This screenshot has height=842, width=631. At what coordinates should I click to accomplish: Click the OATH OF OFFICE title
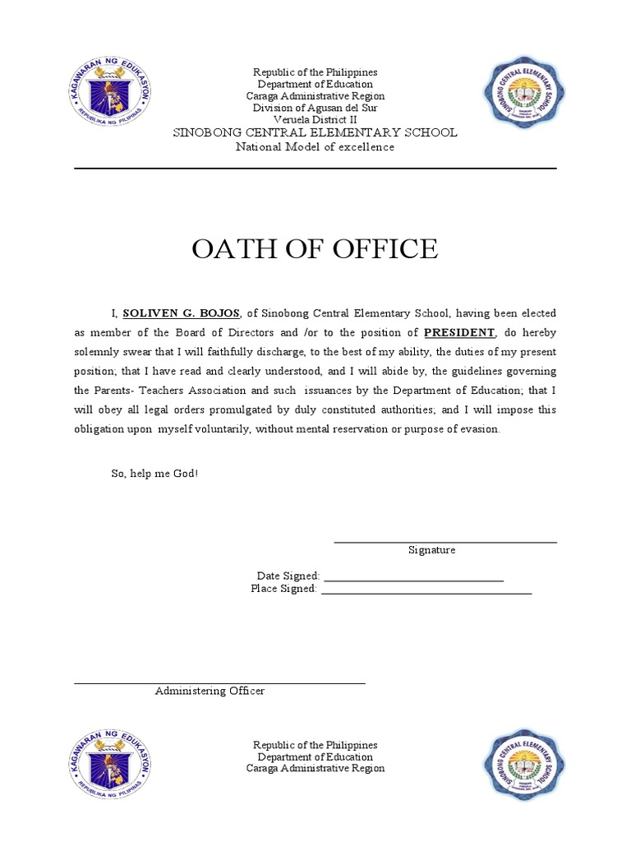(315, 248)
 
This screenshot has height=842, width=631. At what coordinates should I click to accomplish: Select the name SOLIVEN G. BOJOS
(182, 313)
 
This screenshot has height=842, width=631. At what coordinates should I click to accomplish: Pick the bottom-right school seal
(523, 770)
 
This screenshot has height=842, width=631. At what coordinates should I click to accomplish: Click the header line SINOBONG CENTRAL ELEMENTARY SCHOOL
(315, 132)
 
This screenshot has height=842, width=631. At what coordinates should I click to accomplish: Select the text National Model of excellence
(315, 147)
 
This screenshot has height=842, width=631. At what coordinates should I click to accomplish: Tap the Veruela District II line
(315, 119)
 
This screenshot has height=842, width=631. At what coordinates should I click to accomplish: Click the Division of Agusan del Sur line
(315, 108)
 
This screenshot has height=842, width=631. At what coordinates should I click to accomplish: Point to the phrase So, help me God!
(154, 474)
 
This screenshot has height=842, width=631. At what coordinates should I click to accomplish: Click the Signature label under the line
(431, 550)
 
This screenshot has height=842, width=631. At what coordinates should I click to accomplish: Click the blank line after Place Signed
(426, 592)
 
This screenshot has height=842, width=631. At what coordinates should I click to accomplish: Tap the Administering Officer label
(210, 691)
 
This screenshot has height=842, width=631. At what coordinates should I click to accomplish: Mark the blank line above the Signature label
(445, 542)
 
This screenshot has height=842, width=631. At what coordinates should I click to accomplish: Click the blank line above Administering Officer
(219, 682)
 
